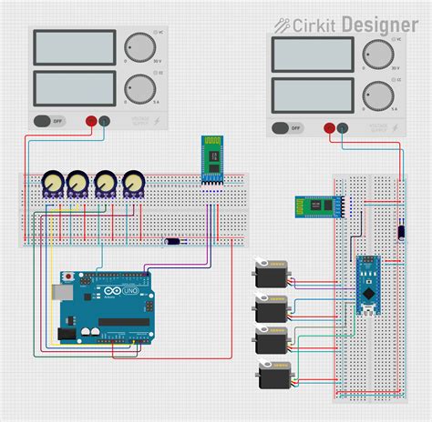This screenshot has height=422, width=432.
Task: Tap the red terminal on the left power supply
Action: click(x=91, y=120)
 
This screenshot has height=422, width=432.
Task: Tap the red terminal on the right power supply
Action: click(x=327, y=128)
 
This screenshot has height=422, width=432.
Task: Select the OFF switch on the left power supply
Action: click(x=44, y=120)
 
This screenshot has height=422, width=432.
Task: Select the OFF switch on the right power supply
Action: click(x=281, y=128)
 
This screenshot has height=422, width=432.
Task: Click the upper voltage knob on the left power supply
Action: click(x=139, y=48)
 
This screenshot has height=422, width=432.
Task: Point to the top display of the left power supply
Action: click(x=74, y=48)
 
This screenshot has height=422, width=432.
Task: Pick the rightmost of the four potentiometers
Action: click(x=134, y=184)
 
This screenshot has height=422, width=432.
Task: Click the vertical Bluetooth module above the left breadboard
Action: click(x=212, y=160)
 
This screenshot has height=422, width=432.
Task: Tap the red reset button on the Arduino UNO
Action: click(x=67, y=276)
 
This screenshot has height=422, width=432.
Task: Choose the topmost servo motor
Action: click(x=272, y=273)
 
